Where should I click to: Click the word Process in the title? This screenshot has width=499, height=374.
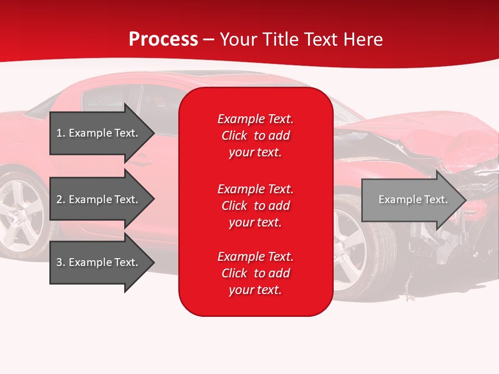[163, 39]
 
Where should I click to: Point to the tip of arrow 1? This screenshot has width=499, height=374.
[153, 133]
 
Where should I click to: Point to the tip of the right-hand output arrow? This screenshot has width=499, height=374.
[466, 200]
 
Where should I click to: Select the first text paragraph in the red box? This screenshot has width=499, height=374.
[255, 136]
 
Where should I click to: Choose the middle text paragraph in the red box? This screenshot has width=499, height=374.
[255, 206]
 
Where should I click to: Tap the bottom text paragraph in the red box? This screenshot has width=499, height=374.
[255, 273]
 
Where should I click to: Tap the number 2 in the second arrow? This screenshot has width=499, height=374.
[59, 199]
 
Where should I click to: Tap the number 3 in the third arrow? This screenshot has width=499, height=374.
[59, 262]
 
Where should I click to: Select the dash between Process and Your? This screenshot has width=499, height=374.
[208, 40]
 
